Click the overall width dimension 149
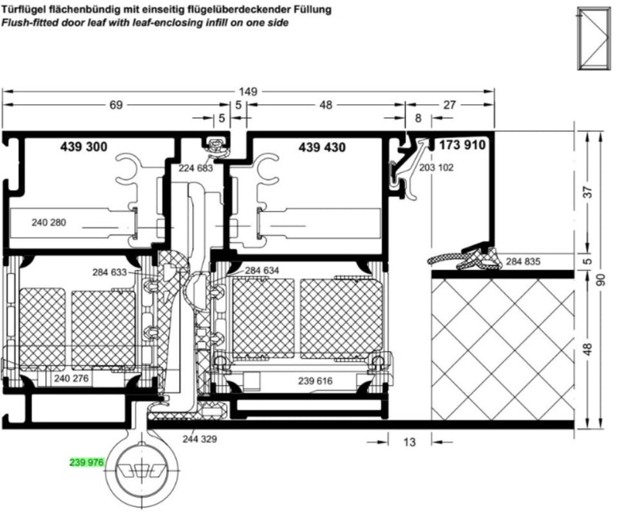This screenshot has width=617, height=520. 248,92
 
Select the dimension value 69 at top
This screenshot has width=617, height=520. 116,105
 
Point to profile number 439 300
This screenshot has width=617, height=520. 84,147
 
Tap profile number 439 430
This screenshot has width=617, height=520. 322,147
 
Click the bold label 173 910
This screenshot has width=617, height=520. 462,145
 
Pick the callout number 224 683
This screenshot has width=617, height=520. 196,168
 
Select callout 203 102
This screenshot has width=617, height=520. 436,167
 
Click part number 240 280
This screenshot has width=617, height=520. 49,222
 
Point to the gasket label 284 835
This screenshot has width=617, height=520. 523,262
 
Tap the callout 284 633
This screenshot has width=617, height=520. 110,272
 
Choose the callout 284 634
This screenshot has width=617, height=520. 261,271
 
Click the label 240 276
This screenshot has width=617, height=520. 71,379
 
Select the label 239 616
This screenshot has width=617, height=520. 315,381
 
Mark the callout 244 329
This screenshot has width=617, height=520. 200,439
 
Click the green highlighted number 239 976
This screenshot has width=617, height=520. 86,462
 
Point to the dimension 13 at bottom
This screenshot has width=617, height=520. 410,442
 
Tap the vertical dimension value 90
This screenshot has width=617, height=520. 601,280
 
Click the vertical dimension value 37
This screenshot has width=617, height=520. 588,192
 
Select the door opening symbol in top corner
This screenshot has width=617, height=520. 592,39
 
